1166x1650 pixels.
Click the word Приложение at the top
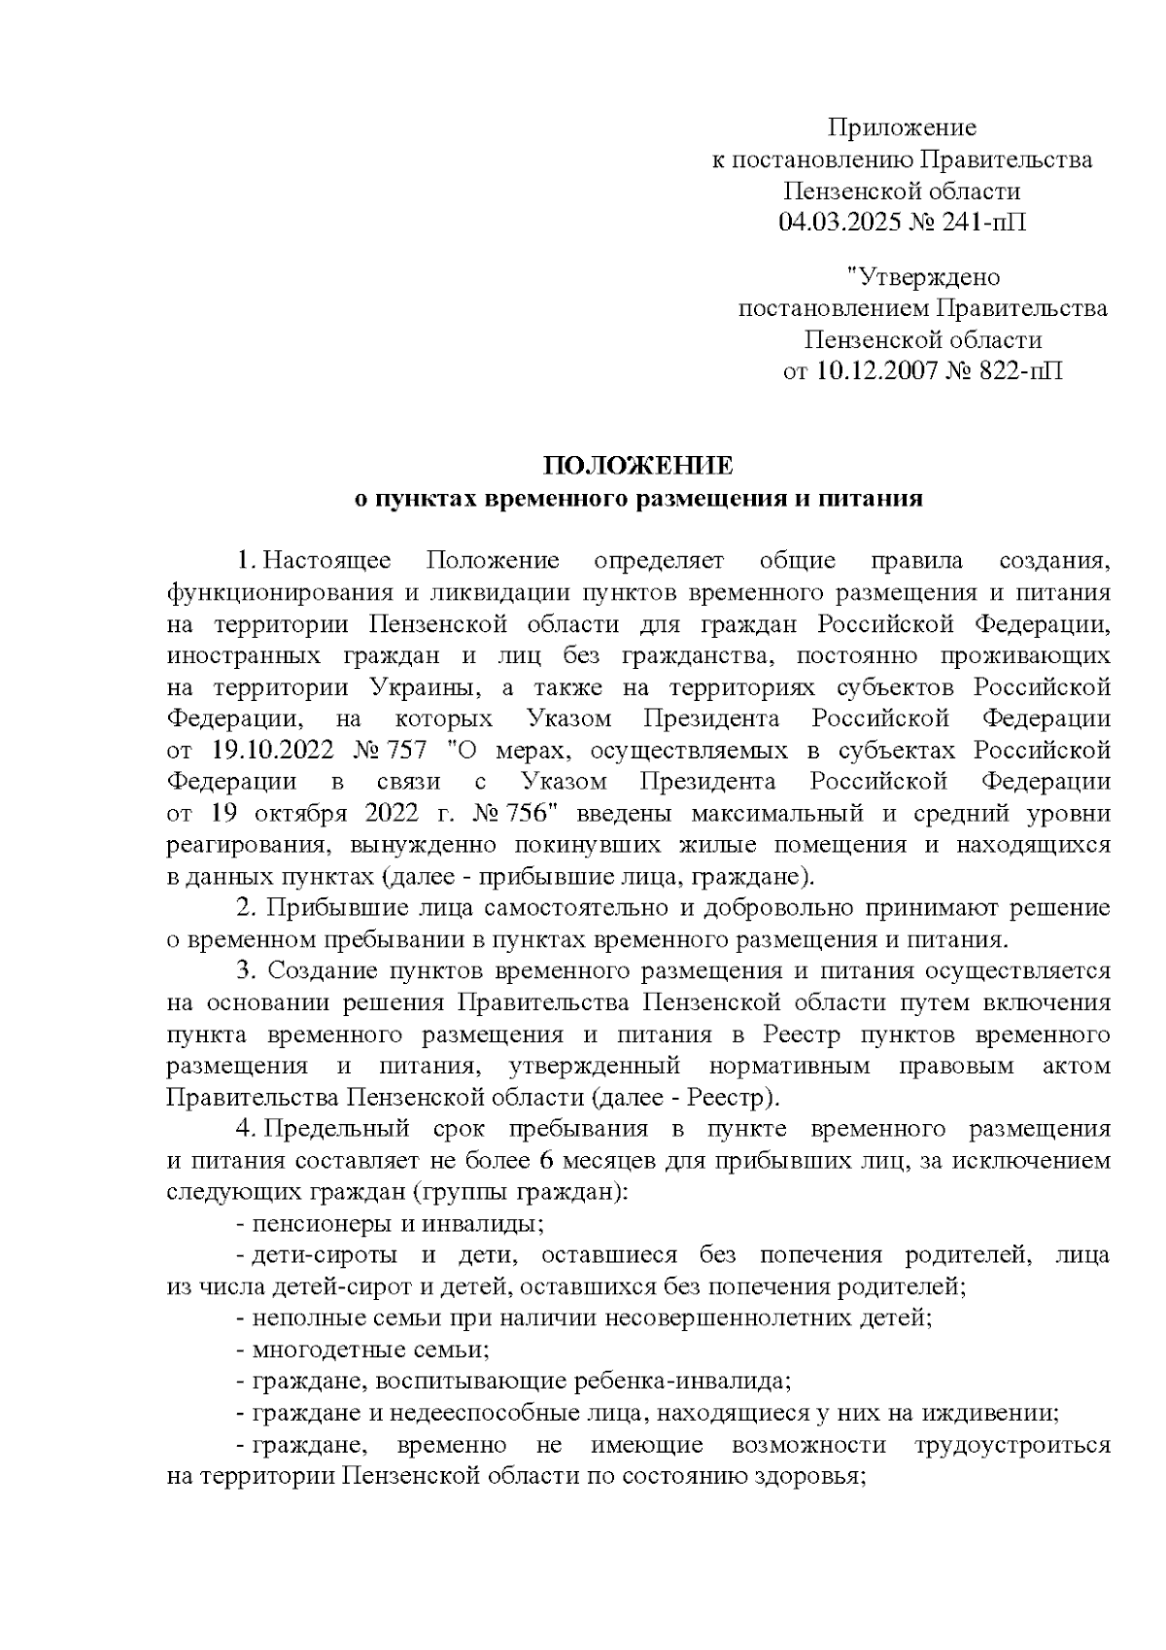pyautogui.click(x=902, y=127)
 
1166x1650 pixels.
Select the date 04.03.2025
pyautogui.click(x=841, y=223)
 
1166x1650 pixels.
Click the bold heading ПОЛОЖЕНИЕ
pyautogui.click(x=636, y=465)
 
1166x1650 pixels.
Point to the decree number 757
pyautogui.click(x=407, y=751)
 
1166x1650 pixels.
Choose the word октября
pyautogui.click(x=307, y=814)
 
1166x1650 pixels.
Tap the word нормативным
pyautogui.click(x=788, y=1067)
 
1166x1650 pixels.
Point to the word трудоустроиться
pyautogui.click(x=1012, y=1445)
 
